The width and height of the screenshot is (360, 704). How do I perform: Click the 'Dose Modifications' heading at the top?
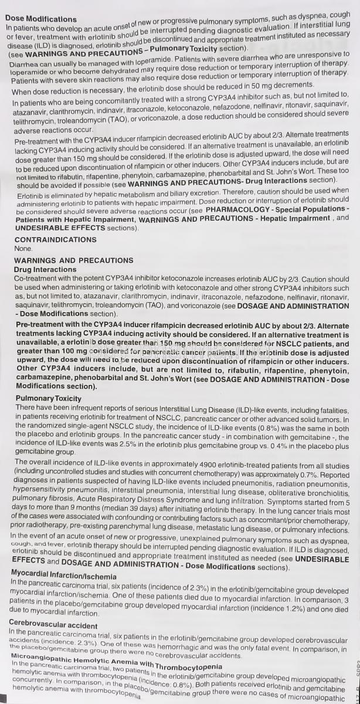(x=40, y=19)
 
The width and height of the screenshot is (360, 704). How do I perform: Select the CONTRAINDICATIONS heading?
(x=55, y=239)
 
